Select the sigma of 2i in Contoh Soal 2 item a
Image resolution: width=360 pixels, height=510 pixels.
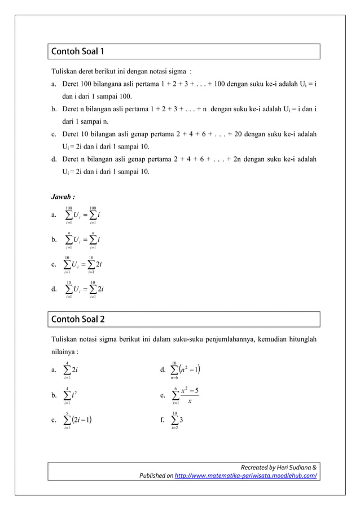(x=71, y=370)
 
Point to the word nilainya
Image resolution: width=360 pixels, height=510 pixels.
(x=63, y=350)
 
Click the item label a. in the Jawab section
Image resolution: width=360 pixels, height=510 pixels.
(x=54, y=215)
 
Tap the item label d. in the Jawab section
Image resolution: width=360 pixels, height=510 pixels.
(x=54, y=289)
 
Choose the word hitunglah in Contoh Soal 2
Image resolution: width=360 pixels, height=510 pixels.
(x=298, y=339)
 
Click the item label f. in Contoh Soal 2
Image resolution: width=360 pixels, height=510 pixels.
(x=163, y=420)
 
